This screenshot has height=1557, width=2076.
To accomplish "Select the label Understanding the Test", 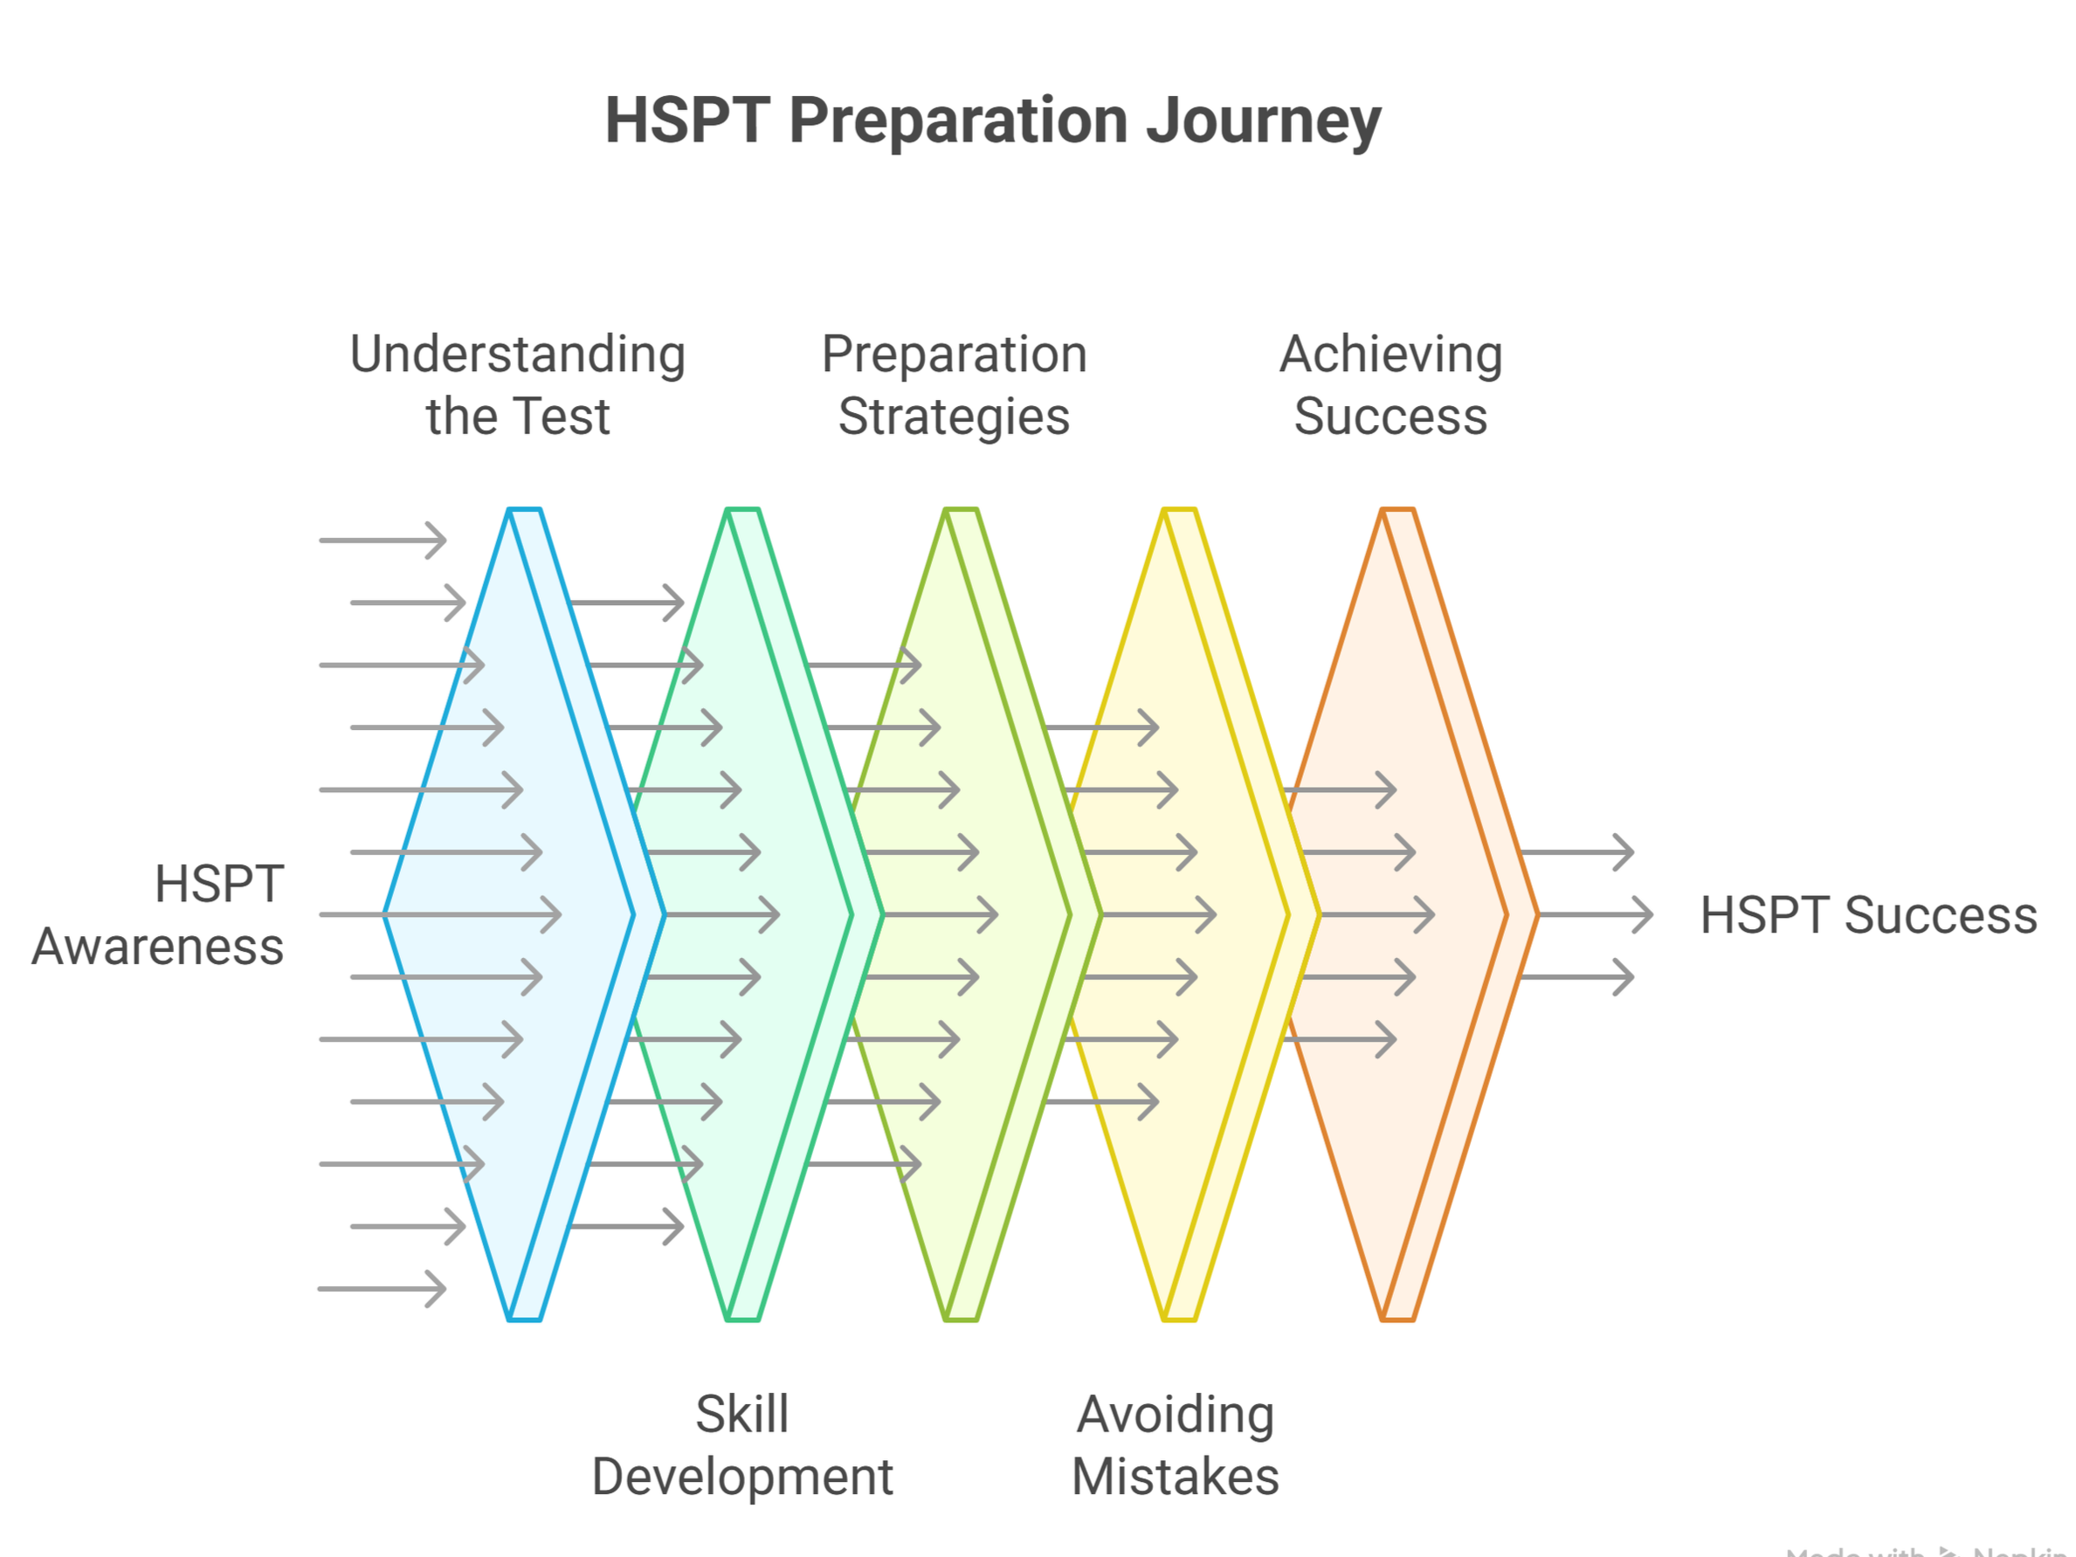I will point(517,385).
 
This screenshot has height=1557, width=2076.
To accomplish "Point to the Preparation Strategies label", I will point(954,385).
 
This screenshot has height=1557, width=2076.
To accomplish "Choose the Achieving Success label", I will point(1391,385).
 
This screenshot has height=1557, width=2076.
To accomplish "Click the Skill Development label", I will point(741,1445).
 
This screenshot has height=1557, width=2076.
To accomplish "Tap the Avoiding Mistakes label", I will point(1175,1445).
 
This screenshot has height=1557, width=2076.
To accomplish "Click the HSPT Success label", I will point(1867,915).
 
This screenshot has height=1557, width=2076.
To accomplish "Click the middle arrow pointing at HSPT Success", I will point(1596,914).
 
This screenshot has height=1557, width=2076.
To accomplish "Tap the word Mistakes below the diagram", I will point(1175,1477).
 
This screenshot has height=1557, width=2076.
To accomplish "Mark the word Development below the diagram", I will point(741,1477).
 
